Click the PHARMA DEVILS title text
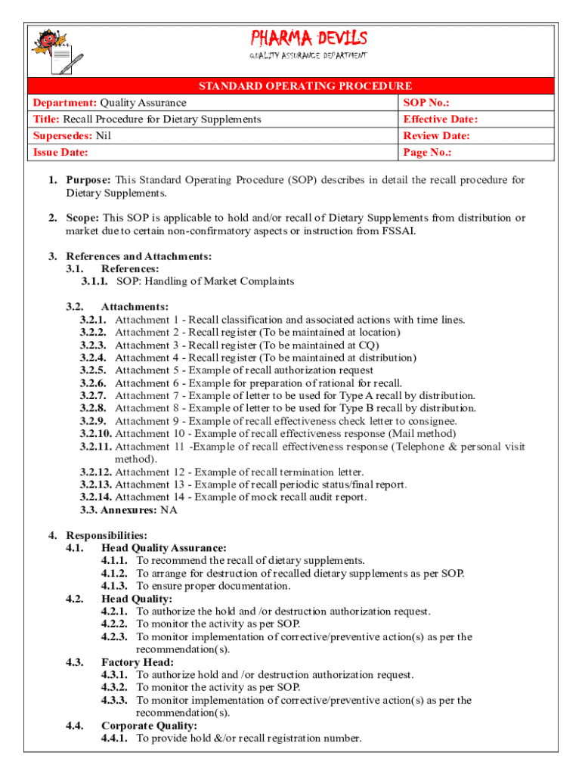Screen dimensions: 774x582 (x=308, y=38)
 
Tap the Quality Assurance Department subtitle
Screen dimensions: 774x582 (x=308, y=57)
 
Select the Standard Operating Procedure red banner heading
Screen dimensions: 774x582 (x=305, y=86)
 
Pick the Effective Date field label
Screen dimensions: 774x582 (x=440, y=119)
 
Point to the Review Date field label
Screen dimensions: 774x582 (x=436, y=136)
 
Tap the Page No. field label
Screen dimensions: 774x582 (x=427, y=153)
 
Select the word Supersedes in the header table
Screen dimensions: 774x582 (x=60, y=136)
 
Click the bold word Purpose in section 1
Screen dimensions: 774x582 (x=88, y=180)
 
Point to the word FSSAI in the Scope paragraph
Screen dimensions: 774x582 (x=394, y=231)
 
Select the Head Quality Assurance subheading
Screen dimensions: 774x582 (x=164, y=548)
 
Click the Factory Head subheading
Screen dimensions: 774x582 (x=134, y=662)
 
